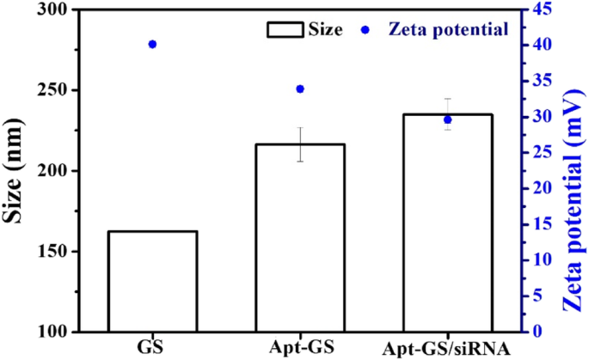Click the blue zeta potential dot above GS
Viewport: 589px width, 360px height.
[x=152, y=44]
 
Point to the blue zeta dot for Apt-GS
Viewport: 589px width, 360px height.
[x=300, y=88]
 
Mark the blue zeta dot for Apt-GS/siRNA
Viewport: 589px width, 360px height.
[x=447, y=119]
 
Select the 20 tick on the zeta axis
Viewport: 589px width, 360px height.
[x=543, y=188]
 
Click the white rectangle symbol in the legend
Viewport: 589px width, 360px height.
[x=285, y=30]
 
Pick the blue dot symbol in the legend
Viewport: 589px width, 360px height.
[x=365, y=30]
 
